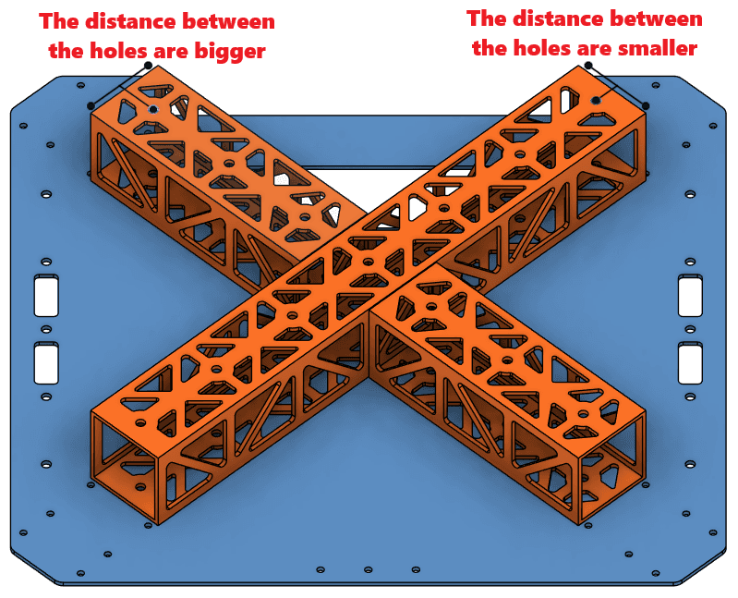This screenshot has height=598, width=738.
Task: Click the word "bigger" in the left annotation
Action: (x=230, y=52)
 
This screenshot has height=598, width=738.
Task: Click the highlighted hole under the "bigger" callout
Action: (x=153, y=109)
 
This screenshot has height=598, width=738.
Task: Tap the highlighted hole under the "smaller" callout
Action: (x=597, y=100)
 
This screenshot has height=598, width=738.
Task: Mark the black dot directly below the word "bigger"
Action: (x=148, y=65)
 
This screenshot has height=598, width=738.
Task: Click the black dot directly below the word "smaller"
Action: (x=588, y=65)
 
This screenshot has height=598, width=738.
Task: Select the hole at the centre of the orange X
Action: (x=369, y=262)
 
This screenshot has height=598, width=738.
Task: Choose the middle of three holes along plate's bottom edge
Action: (x=368, y=569)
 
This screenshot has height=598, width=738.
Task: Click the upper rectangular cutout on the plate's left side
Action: (x=46, y=295)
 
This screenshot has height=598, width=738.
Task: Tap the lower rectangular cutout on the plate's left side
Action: (x=46, y=363)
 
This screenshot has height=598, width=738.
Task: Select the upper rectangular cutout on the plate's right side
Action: (x=690, y=295)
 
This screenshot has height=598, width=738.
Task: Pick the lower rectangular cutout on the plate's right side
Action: (x=690, y=363)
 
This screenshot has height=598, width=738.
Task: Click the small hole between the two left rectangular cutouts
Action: (x=46, y=329)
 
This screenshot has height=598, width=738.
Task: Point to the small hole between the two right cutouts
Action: (x=690, y=329)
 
